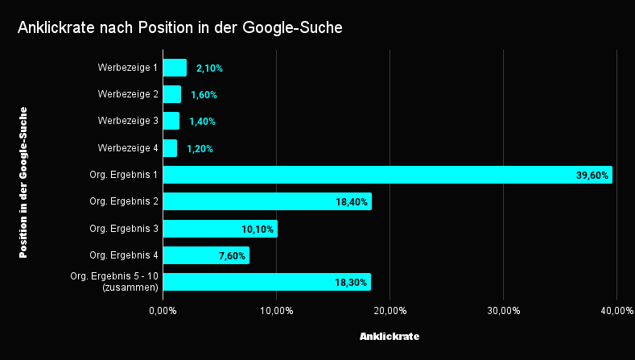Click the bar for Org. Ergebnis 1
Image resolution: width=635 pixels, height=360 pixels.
pyautogui.click(x=387, y=175)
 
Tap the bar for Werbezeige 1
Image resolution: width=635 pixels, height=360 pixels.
pyautogui.click(x=175, y=68)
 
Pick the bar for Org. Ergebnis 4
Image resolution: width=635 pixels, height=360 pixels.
pyautogui.click(x=206, y=255)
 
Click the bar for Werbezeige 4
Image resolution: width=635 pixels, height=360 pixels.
pyautogui.click(x=170, y=148)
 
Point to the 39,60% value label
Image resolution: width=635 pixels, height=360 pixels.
pyautogui.click(x=592, y=176)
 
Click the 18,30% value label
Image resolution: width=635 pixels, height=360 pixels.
pyautogui.click(x=352, y=283)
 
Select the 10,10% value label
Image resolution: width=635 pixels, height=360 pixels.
pyautogui.click(x=258, y=230)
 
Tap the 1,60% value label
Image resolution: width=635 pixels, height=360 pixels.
pyautogui.click(x=204, y=95)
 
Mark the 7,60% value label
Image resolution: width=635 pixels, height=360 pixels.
pyautogui.click(x=233, y=256)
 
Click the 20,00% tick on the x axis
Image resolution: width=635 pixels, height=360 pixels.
pyautogui.click(x=390, y=311)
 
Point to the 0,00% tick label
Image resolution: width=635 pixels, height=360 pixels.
pyautogui.click(x=163, y=311)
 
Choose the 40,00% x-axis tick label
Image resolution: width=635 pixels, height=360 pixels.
pyautogui.click(x=616, y=311)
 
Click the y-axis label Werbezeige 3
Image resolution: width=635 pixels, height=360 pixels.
pyautogui.click(x=128, y=121)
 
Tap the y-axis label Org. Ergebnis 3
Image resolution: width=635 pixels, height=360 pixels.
pyautogui.click(x=124, y=229)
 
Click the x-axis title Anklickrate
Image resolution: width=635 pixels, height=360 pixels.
pyautogui.click(x=390, y=335)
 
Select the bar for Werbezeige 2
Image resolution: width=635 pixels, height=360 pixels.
pyautogui.click(x=171, y=94)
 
